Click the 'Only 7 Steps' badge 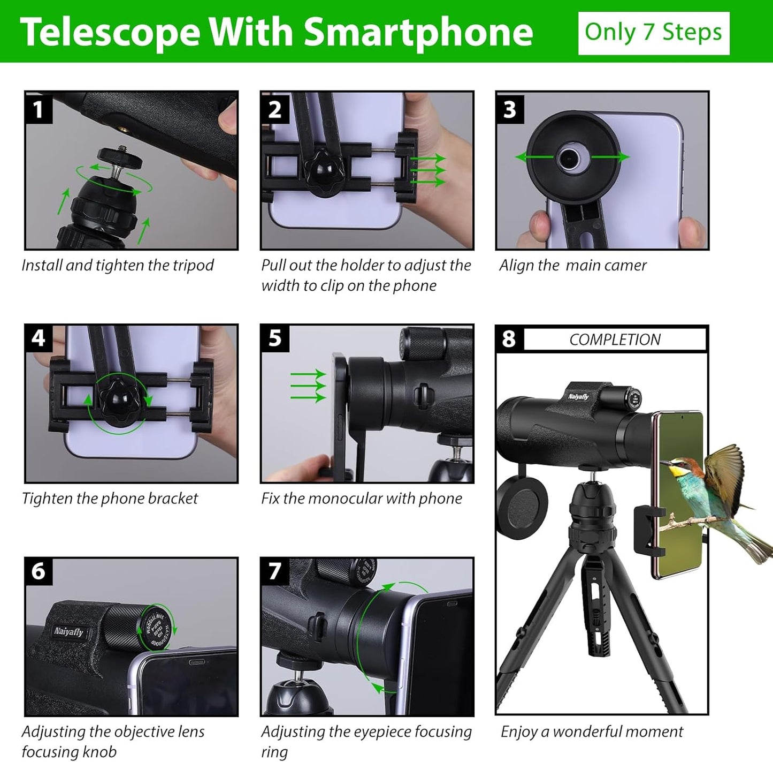click(653, 33)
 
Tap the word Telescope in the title click(110, 33)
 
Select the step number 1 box click(38, 109)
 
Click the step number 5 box click(274, 338)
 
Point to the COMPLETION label click(615, 339)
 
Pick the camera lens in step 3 click(571, 157)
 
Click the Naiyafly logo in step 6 click(68, 632)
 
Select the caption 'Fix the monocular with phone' click(362, 499)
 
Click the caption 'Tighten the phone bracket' click(110, 499)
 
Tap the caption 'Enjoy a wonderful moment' click(592, 731)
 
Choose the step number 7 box click(274, 571)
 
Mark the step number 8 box click(509, 339)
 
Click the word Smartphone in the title click(418, 33)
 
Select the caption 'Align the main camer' click(573, 266)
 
